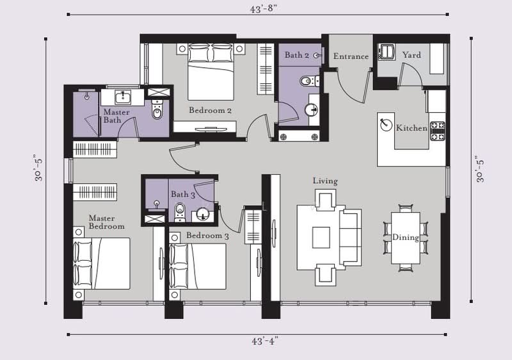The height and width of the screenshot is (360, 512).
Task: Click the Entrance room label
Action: pos(351,56)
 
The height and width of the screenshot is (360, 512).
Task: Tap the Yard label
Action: pos(412,55)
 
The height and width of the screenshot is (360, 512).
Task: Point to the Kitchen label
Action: pos(412,127)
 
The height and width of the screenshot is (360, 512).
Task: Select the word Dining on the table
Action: pos(406,238)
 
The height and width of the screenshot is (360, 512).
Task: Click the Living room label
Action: pos(325,181)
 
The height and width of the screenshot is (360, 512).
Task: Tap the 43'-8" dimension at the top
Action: pos(263,9)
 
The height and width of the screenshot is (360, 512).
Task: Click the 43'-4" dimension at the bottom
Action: pos(264,341)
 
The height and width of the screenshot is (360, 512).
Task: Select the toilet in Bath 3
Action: pos(180,212)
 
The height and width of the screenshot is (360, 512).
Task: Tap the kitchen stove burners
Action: pos(438,131)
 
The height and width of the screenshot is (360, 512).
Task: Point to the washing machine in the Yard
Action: pos(387,52)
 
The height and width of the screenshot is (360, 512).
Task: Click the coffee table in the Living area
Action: pos(321,238)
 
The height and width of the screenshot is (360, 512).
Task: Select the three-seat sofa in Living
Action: pos(350,237)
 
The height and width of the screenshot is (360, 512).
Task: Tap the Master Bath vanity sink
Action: pos(123,97)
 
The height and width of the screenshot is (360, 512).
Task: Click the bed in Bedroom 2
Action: pos(211,72)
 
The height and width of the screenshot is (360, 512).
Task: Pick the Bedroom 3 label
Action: pos(207,236)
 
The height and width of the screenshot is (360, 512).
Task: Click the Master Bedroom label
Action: pos(106,222)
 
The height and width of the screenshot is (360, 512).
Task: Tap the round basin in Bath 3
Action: pos(203,215)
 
